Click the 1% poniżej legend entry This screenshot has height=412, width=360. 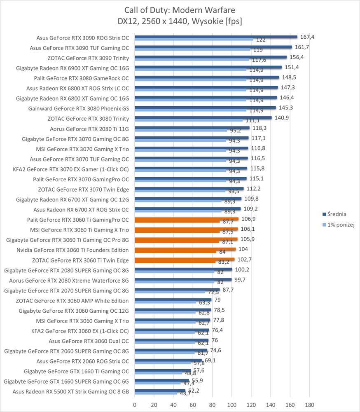point(340,225)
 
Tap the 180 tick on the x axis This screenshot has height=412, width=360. point(310,404)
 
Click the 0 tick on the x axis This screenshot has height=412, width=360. point(135,404)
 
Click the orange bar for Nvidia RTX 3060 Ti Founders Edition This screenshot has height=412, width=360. point(185,249)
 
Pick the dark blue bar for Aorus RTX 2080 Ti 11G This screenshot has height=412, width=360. point(192,128)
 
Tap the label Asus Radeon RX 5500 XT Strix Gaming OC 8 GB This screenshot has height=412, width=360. point(71,391)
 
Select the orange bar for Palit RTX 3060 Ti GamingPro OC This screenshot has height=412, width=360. point(187,219)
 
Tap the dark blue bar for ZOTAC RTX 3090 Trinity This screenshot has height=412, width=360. point(210,57)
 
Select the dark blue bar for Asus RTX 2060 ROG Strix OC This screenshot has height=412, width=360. point(168,360)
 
